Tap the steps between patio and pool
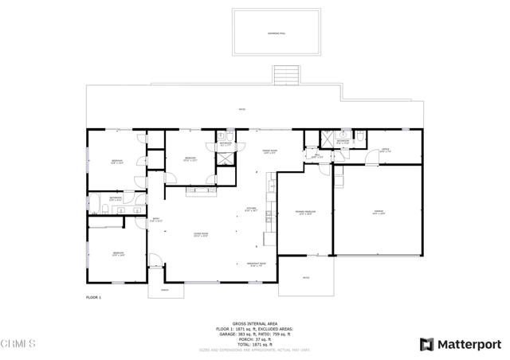click(x=284, y=76)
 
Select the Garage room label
click(x=379, y=212)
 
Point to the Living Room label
click(x=200, y=234)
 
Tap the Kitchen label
click(x=250, y=209)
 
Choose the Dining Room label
click(x=269, y=151)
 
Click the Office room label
click(x=385, y=150)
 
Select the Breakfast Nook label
click(x=257, y=264)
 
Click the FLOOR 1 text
click(x=94, y=297)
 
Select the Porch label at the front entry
click(x=165, y=290)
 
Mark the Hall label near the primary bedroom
click(x=316, y=157)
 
